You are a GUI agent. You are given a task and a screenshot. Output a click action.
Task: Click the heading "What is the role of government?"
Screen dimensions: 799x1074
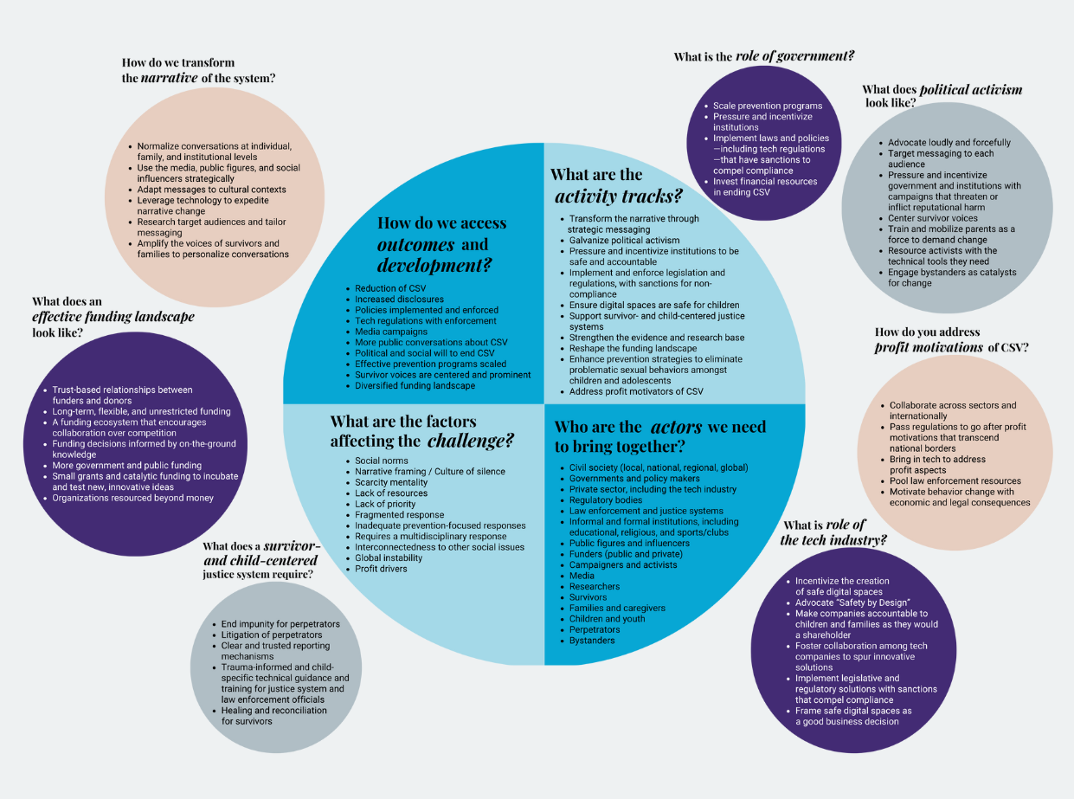coord(763,56)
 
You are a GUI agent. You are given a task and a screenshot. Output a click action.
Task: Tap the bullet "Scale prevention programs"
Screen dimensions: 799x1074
coord(767,106)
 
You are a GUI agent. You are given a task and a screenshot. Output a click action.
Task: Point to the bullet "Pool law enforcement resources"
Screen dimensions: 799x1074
coord(955,480)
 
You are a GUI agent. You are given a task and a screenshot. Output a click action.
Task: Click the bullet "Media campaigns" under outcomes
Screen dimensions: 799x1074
coord(391,332)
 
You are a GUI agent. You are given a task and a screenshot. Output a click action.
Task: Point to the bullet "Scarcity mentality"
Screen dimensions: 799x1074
coord(391,482)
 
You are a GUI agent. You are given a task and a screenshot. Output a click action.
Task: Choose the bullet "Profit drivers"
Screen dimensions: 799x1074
coord(381,569)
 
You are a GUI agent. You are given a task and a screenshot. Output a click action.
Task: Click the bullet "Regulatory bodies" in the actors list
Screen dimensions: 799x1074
coord(605,500)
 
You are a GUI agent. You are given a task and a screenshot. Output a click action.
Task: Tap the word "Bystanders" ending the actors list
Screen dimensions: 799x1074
coord(592,641)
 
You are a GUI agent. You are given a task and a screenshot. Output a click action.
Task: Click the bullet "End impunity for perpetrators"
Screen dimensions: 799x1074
coord(280,624)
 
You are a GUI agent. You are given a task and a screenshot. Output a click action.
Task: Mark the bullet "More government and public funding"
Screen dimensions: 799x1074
coord(126,465)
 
